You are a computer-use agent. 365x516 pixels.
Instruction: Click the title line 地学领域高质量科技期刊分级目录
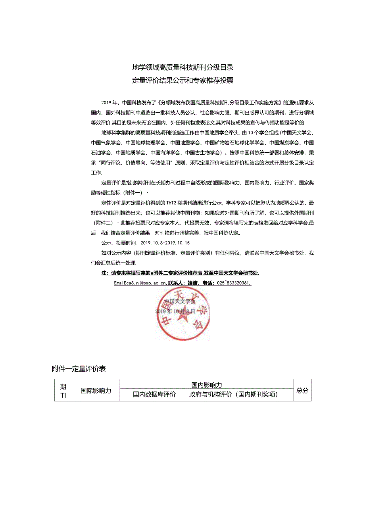tap(182, 67)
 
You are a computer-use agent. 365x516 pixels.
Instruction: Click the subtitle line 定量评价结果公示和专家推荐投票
tap(182, 81)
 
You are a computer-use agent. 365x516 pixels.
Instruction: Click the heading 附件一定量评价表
tap(79, 369)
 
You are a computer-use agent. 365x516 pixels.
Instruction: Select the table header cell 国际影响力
tap(96, 390)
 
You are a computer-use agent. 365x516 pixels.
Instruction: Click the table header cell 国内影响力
tap(206, 385)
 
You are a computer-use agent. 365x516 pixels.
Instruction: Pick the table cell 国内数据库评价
tap(154, 394)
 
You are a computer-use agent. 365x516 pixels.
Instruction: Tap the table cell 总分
tap(302, 390)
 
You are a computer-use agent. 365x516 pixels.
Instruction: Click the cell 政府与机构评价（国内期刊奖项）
tap(234, 394)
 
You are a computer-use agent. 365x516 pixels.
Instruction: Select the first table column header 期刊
tap(63, 390)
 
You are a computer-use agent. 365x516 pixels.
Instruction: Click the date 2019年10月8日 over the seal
tap(175, 311)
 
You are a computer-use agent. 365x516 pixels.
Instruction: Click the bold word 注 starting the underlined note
tap(104, 273)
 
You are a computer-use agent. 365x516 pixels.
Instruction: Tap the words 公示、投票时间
tap(119, 243)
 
